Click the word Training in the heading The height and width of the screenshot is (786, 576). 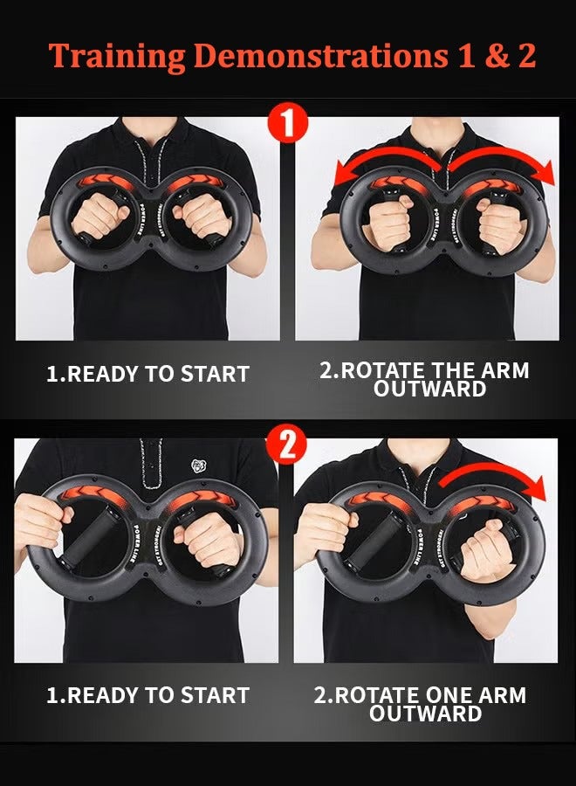[116, 56]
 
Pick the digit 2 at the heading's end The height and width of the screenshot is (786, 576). [525, 55]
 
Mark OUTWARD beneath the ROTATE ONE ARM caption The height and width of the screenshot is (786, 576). [426, 714]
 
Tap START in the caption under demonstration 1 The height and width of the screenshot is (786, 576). [215, 374]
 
